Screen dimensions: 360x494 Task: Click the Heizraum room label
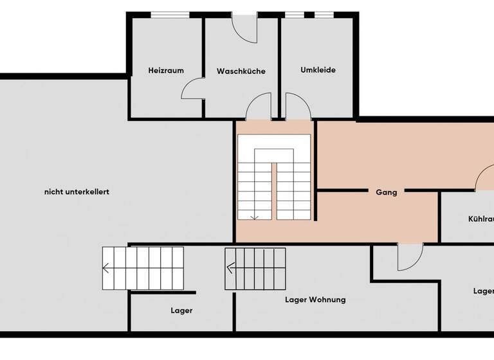[x=165, y=71]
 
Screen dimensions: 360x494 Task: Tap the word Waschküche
[x=241, y=71]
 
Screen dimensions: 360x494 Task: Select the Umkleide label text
[x=318, y=70]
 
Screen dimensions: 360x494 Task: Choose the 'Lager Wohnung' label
[x=315, y=300]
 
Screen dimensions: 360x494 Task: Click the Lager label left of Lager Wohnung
[x=181, y=310]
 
